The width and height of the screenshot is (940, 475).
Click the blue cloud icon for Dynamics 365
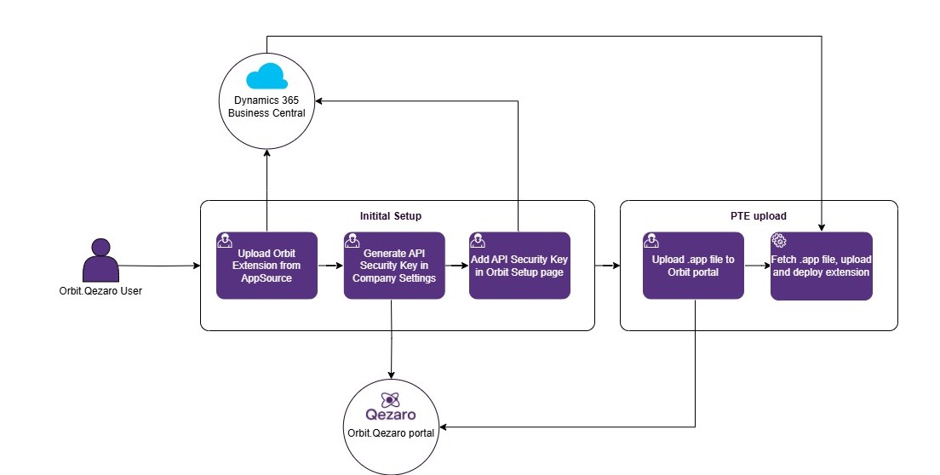click(x=267, y=77)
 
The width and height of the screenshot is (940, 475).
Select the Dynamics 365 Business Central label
click(x=267, y=106)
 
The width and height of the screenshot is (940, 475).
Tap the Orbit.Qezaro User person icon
click(x=100, y=260)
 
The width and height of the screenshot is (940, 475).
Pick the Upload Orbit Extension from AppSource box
click(x=267, y=266)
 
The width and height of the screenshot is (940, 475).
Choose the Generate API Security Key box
click(x=393, y=266)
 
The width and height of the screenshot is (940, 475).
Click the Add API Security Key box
click(x=519, y=266)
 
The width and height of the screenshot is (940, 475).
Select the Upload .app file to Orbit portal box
click(x=693, y=266)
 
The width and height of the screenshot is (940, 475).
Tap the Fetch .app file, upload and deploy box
click(x=821, y=266)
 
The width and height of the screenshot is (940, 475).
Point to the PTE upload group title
click(x=758, y=216)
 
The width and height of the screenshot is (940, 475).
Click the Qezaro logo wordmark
click(x=391, y=415)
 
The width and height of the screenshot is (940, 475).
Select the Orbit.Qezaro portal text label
click(x=391, y=432)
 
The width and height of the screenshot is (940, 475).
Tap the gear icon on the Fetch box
click(x=778, y=240)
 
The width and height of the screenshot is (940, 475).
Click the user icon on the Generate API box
click(x=352, y=240)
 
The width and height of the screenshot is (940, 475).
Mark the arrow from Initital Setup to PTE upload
click(x=606, y=266)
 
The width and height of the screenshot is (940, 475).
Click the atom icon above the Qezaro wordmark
click(x=391, y=398)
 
